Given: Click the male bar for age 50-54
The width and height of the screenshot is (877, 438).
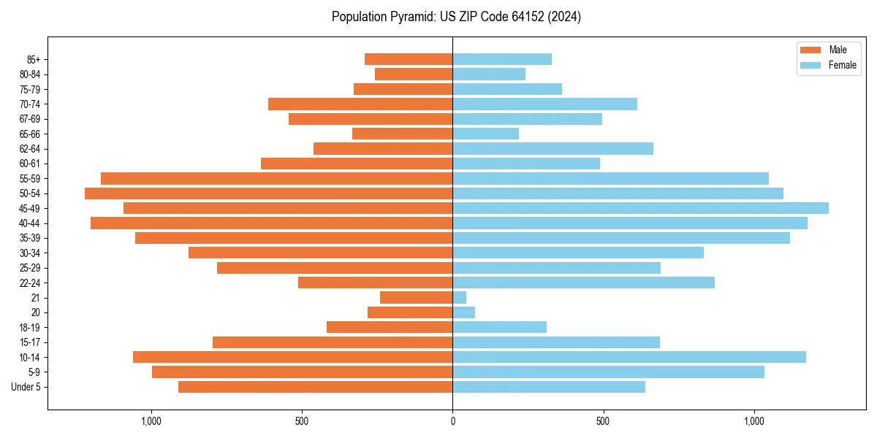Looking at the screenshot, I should click(268, 193).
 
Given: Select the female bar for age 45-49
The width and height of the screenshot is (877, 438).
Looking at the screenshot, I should click(640, 208).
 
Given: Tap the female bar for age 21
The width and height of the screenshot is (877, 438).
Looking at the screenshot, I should click(460, 297).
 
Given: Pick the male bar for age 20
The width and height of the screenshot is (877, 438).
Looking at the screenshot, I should click(410, 312).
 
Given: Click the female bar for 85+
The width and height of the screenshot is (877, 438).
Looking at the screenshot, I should click(502, 59).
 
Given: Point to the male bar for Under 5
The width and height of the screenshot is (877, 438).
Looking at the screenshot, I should click(315, 387).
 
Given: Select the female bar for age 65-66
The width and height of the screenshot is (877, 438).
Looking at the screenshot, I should click(485, 134).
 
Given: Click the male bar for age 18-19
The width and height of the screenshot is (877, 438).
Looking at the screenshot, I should click(390, 327).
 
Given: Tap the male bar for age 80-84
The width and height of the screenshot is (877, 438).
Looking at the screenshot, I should click(414, 74).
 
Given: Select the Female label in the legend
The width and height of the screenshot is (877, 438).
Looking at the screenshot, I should click(842, 65).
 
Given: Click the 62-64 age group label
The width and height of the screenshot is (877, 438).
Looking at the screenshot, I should click(29, 149).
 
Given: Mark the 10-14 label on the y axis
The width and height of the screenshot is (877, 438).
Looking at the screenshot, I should click(29, 357).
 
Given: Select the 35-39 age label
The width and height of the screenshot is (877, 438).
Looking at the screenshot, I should click(29, 238).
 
